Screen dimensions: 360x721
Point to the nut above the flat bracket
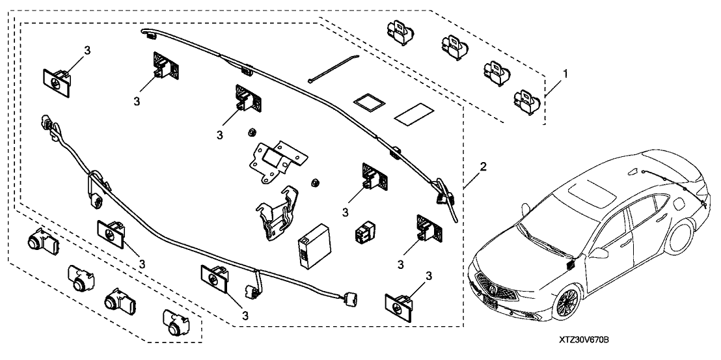(x=249, y=133)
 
